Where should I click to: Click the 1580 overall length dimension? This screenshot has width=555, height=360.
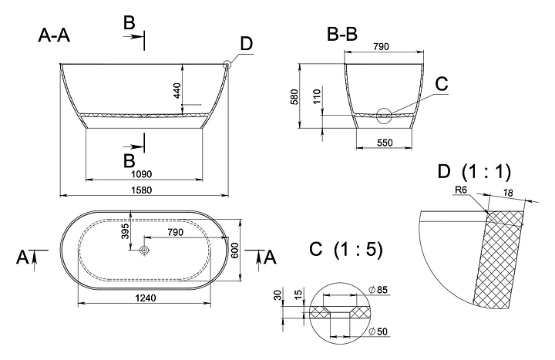coord(142,190)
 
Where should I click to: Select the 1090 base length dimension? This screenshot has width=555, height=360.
coord(142,174)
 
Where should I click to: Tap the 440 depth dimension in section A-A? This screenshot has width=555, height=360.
coord(177,91)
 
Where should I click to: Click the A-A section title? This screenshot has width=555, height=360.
coord(54,35)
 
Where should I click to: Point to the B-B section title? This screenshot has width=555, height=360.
coord(342,35)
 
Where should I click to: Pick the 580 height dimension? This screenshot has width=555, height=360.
coord(294,96)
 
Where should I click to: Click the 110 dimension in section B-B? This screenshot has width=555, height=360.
coord(317,96)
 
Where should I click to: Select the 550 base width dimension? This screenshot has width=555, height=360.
coord(385,143)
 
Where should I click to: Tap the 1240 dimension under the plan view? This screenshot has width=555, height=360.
coord(146,298)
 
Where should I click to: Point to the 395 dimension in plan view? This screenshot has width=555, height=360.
coord(126,231)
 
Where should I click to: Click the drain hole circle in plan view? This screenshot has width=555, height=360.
coord(145,251)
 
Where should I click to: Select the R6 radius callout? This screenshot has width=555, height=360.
coord(461,190)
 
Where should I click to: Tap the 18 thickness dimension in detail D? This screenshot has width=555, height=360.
coord(508,193)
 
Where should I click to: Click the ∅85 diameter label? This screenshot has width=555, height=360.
coord(378,291)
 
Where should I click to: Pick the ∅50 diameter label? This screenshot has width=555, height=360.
coord(378,331)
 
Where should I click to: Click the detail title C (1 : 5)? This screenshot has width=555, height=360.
coord(346,250)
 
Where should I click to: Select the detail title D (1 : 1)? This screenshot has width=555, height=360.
coord(474,172)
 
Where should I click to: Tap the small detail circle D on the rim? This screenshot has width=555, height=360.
coord(227,65)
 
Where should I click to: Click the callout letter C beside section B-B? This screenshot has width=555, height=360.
coord(442,84)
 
